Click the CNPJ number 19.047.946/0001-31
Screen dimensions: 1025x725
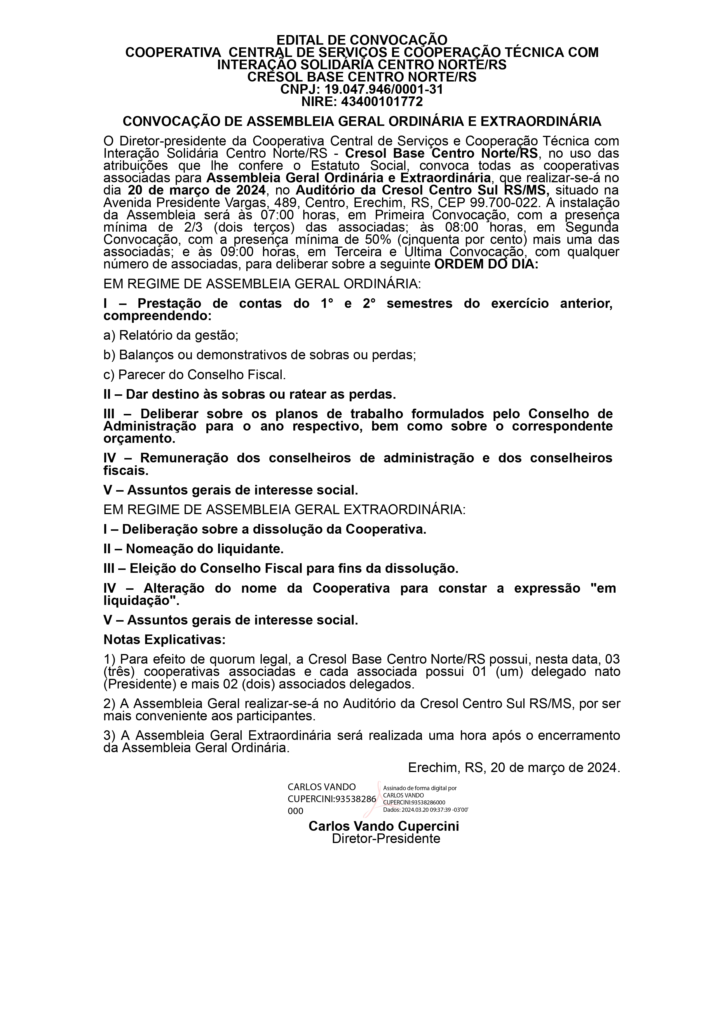[x=384, y=89]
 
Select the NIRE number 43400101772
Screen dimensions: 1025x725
[x=382, y=102]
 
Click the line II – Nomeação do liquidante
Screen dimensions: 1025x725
[x=194, y=548]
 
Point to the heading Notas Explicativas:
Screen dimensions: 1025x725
[x=165, y=639]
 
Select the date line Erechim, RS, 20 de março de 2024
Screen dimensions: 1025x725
[x=514, y=768]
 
